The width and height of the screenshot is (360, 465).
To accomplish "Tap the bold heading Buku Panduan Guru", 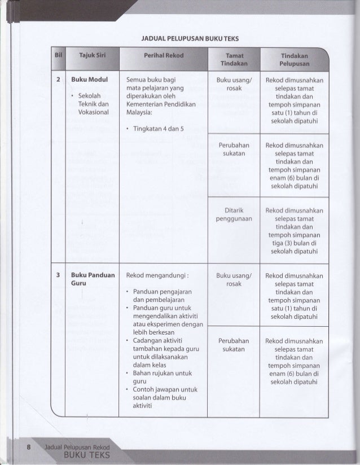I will point(93,280).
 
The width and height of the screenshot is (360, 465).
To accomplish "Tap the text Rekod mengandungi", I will point(157,276).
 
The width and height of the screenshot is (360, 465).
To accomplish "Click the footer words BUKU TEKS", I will point(85,455).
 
